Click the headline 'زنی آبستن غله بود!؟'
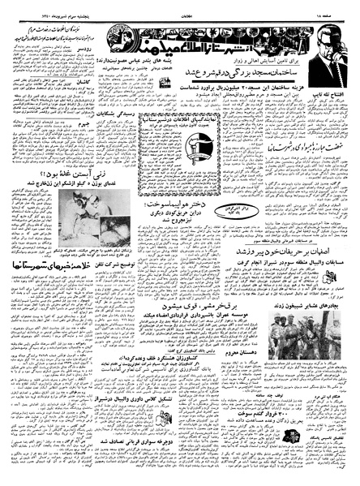click(52, 196)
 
